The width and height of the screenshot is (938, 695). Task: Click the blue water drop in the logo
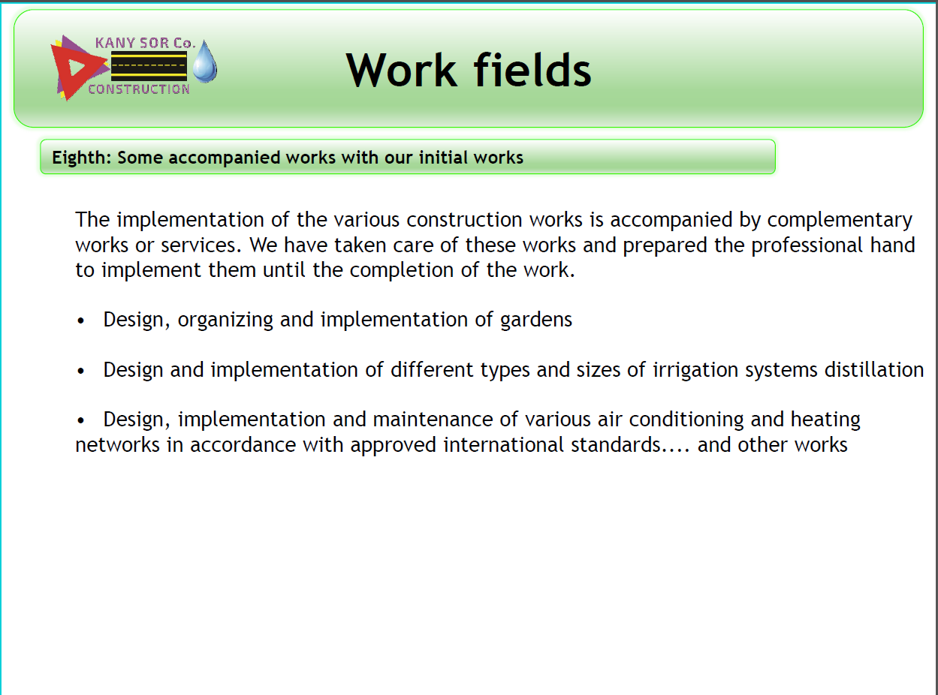[205, 62]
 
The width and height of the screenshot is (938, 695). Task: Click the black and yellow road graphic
[149, 66]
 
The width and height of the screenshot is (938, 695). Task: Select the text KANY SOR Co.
[146, 43]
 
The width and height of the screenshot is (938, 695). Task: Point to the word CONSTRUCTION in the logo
[139, 89]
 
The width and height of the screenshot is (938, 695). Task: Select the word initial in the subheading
[443, 158]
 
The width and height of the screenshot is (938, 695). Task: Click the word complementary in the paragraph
[840, 221]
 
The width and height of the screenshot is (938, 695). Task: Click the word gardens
[535, 320]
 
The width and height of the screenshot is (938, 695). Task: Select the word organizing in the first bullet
[225, 320]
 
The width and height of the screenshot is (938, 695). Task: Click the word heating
[825, 420]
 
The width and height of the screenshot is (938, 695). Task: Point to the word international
[503, 445]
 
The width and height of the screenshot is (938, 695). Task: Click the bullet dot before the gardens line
[81, 321]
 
